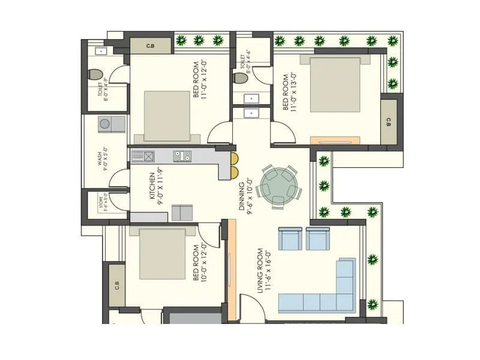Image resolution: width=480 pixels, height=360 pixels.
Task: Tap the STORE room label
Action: pyautogui.click(x=101, y=203)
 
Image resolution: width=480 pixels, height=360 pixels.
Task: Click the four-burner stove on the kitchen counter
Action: pyautogui.click(x=182, y=157)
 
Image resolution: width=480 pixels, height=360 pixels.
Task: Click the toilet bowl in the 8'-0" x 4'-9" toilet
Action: pyautogui.click(x=95, y=75)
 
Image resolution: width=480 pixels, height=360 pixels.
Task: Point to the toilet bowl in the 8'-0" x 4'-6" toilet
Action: pyautogui.click(x=240, y=78)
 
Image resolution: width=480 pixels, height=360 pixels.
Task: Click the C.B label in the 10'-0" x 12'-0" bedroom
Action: pyautogui.click(x=117, y=285)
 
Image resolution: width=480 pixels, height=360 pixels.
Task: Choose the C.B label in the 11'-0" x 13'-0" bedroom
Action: pyautogui.click(x=388, y=122)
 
